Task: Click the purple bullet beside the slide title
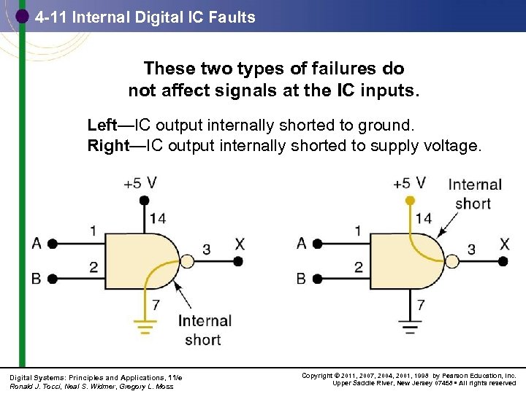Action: click(23, 15)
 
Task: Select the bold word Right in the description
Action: click(107, 145)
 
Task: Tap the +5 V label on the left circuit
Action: click(139, 183)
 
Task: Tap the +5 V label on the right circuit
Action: click(409, 182)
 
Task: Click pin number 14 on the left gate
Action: click(158, 218)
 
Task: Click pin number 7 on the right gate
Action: click(421, 304)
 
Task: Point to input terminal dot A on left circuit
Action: click(53, 244)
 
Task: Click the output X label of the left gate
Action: click(240, 244)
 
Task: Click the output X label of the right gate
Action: click(504, 244)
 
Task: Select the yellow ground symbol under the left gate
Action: click(145, 326)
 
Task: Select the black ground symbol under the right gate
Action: click(410, 326)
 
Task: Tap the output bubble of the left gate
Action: click(187, 261)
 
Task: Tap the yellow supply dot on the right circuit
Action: click(410, 200)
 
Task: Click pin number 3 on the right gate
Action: click(471, 250)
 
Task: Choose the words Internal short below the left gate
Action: click(204, 330)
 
